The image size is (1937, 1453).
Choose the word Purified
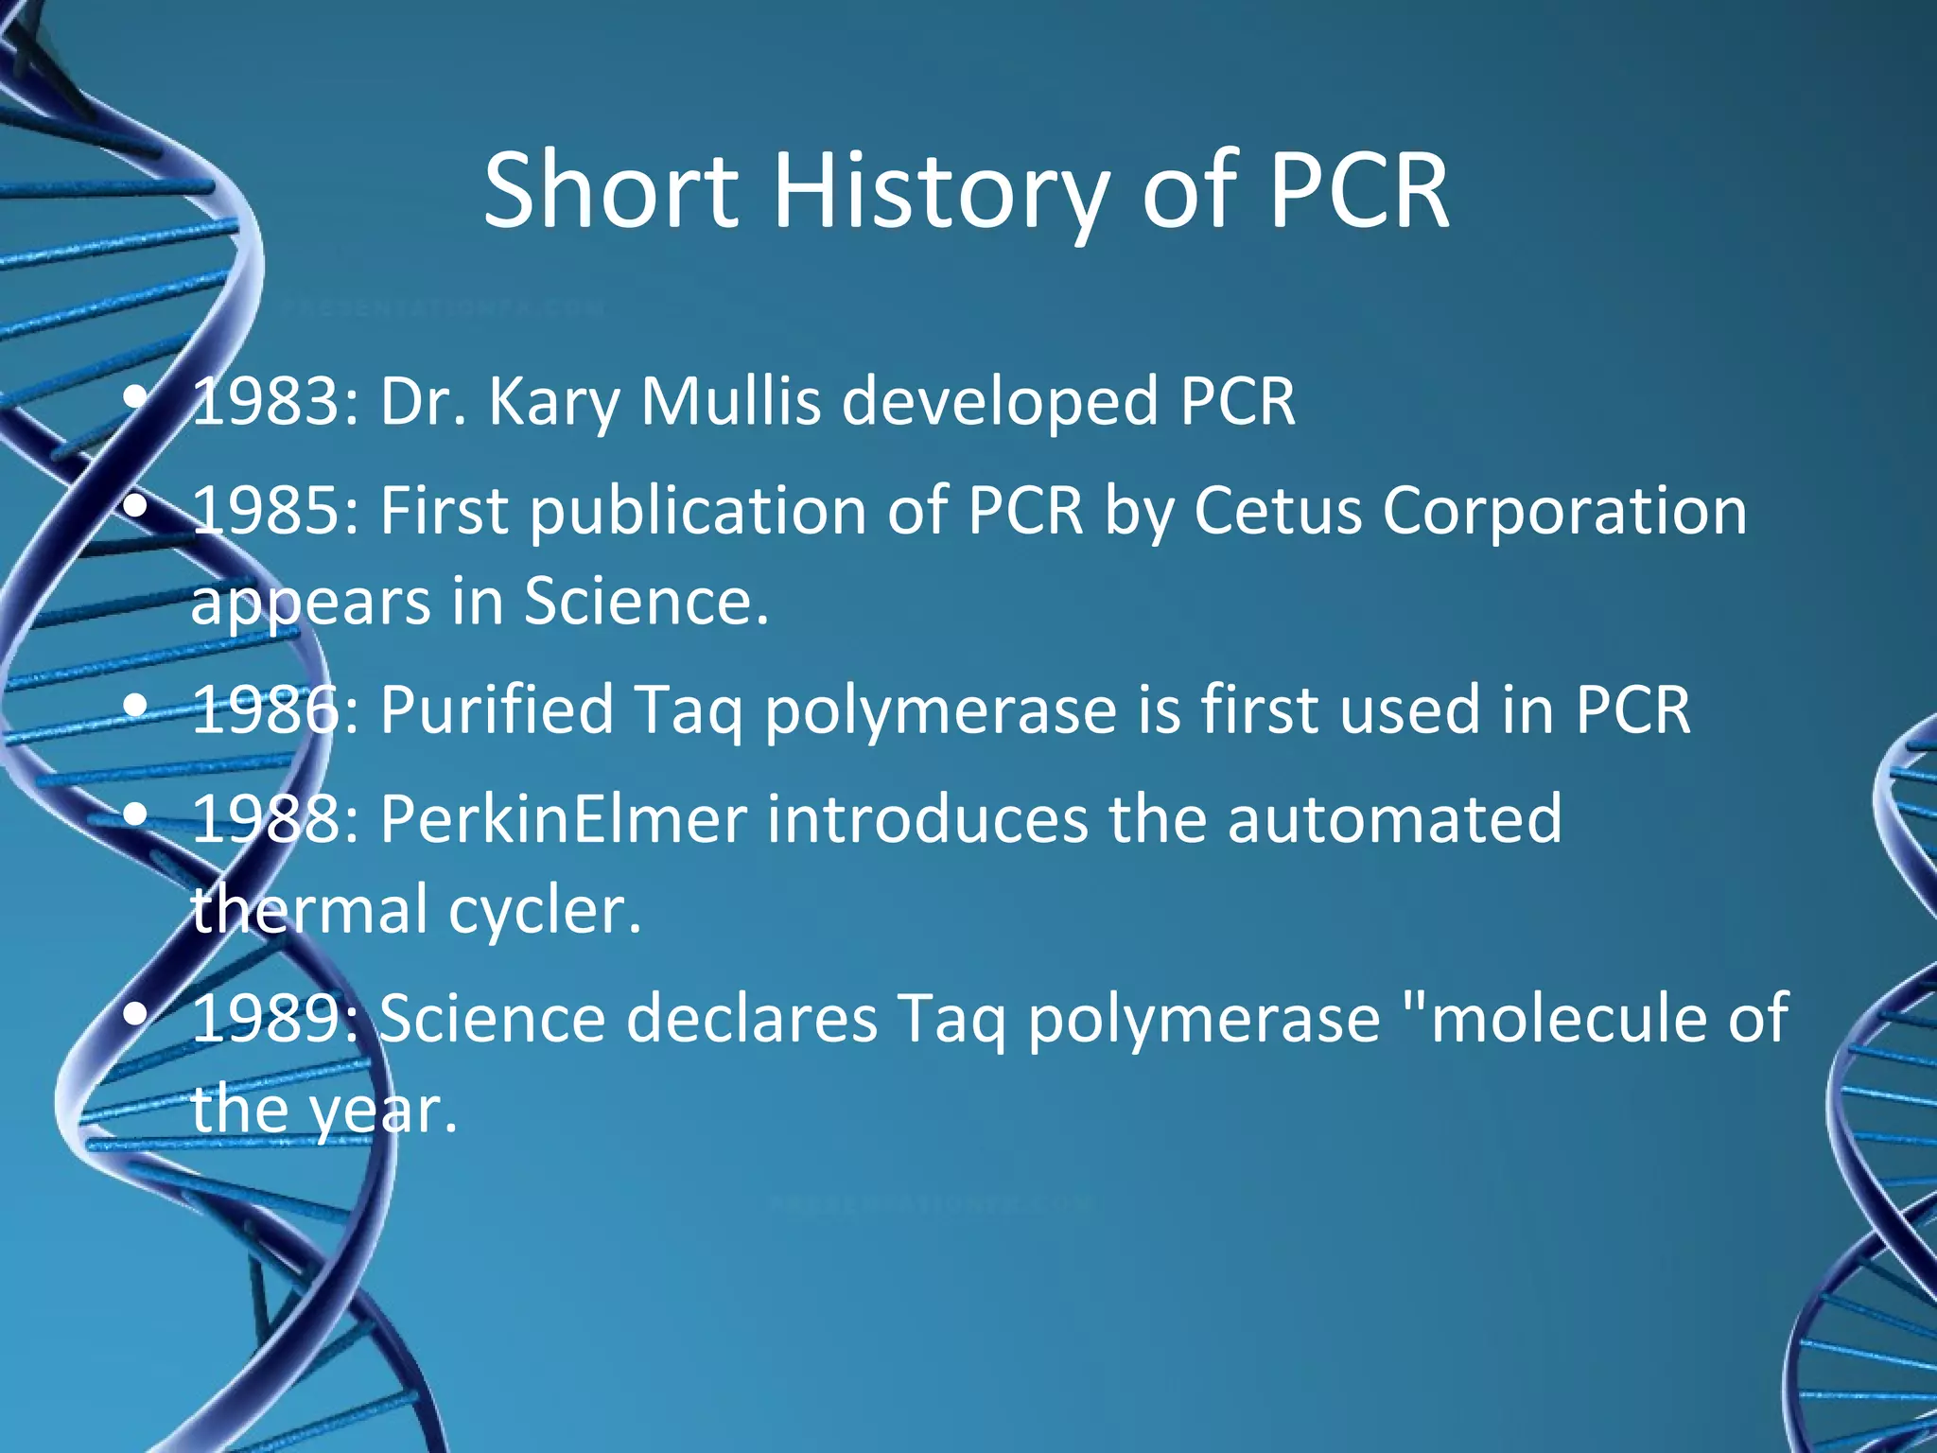(x=497, y=709)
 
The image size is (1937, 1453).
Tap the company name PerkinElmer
(x=564, y=818)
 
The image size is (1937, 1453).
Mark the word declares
(x=752, y=1019)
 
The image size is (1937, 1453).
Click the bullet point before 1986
(x=137, y=706)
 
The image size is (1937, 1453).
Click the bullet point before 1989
(x=137, y=1015)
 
